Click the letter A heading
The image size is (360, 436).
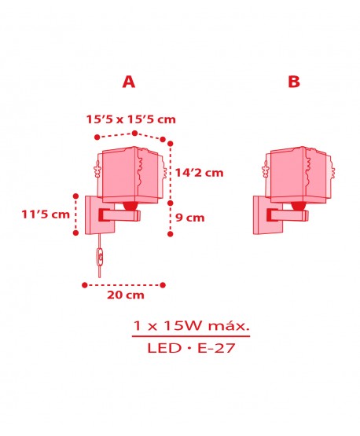point(129,81)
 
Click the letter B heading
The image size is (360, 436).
point(293,81)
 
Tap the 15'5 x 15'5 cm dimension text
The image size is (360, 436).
point(130,119)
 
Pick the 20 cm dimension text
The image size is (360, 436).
point(126,295)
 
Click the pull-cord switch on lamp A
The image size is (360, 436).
point(99,255)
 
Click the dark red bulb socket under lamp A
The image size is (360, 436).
point(130,206)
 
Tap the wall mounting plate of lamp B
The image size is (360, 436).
point(263,214)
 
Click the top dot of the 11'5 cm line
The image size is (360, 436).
point(75,193)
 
